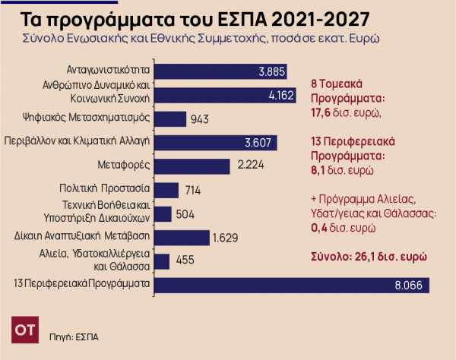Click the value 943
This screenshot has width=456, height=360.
(x=200, y=118)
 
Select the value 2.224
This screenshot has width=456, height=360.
(x=250, y=166)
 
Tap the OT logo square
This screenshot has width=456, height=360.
(x=25, y=332)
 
